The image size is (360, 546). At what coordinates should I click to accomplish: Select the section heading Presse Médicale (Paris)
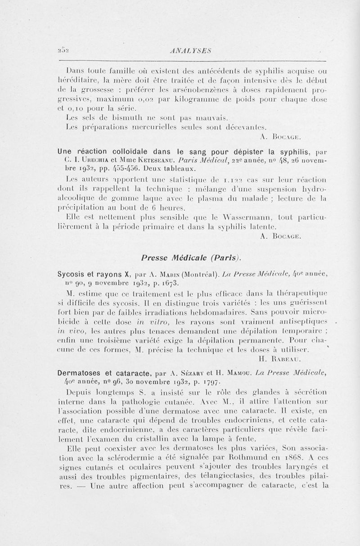[x=190, y=258]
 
